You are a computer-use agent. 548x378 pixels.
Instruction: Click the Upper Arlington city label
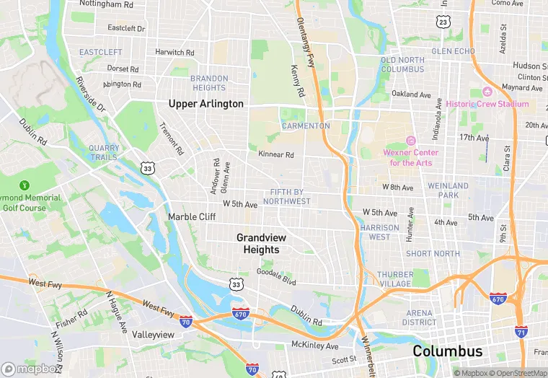point(205,104)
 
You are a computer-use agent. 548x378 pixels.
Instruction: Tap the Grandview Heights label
point(257,243)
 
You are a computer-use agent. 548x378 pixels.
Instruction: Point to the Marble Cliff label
point(192,216)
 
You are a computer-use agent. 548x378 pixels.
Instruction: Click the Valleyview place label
point(153,335)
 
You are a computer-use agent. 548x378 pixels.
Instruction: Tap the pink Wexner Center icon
point(411,140)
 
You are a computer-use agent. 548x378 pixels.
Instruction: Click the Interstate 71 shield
point(521,331)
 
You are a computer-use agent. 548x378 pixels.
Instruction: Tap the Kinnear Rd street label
point(276,154)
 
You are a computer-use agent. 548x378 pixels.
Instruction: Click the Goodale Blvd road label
point(276,276)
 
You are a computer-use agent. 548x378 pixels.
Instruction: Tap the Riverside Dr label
point(91,95)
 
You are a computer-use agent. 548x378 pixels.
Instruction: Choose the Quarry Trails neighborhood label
point(104,152)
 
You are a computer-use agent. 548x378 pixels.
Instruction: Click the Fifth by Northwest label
point(290,197)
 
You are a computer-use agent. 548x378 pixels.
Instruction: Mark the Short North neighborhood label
point(433,253)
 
